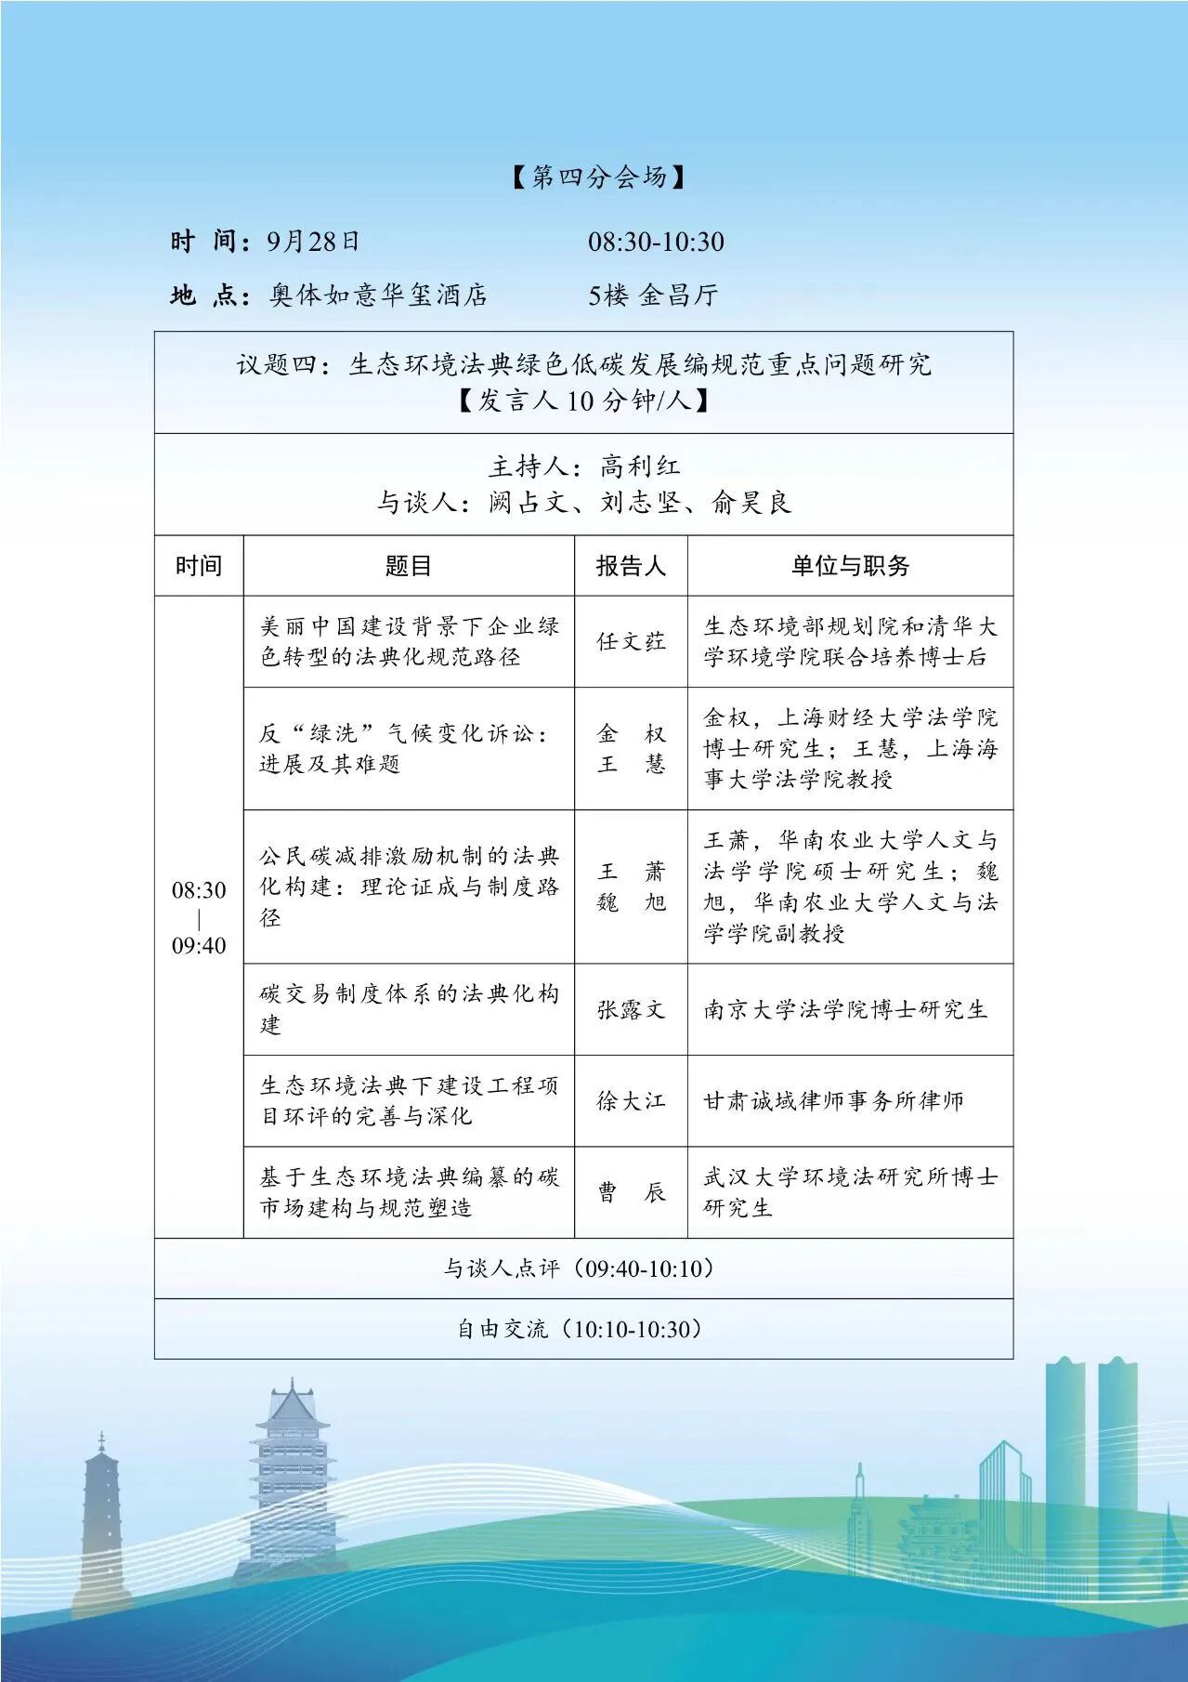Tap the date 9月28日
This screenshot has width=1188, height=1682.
coord(313,242)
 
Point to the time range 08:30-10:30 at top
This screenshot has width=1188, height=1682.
coord(656,242)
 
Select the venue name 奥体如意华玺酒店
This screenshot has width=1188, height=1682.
coord(378,296)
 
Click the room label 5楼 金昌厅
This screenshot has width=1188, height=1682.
coord(653,296)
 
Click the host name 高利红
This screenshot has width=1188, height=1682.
coord(640,466)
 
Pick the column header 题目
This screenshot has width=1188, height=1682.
coord(409,566)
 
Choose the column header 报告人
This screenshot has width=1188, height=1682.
coord(631,566)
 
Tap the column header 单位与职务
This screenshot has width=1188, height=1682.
coord(850,566)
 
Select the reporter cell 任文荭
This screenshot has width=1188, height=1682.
coord(631,641)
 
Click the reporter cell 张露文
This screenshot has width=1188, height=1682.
coord(631,1009)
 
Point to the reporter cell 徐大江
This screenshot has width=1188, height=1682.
coord(631,1101)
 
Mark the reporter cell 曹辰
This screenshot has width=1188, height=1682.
coord(631,1192)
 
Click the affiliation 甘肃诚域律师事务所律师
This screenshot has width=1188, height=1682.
coord(833,1101)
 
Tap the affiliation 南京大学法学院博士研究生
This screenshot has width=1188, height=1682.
coord(845,1009)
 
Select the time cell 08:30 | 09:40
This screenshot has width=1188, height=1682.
coord(199,917)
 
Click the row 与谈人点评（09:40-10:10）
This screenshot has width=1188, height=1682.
coord(583,1268)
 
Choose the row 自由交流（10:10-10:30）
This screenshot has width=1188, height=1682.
coord(583,1329)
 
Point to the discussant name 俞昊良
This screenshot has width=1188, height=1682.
coord(751,503)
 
